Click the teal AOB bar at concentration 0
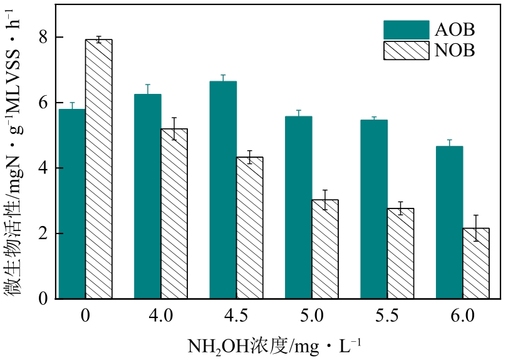point(72,204)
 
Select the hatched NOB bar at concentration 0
point(98,169)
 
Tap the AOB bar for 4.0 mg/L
point(148,197)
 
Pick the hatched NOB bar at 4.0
point(174,213)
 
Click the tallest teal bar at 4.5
point(223,190)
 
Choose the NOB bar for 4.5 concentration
point(249,228)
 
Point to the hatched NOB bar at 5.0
point(324,249)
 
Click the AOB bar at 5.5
point(374,209)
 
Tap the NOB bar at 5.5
point(400,254)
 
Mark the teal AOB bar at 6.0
point(450,222)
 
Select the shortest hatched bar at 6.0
point(475,264)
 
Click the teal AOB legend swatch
point(405,29)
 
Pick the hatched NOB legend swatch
point(405,51)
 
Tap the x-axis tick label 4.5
point(236,316)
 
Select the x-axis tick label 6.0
point(462,316)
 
